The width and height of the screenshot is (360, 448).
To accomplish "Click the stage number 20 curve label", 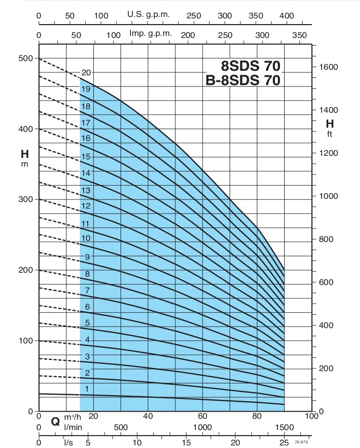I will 86,72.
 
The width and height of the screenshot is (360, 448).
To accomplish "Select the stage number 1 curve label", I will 87,389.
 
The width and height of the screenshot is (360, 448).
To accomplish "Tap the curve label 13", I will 86,190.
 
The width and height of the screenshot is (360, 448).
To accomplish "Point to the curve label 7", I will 88,291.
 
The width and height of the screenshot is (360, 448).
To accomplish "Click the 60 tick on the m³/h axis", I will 203,416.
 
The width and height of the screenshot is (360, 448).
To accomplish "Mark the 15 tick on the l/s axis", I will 186,442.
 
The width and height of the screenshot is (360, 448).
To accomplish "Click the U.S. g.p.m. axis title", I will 149,15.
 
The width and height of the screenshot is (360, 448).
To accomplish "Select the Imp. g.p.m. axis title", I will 150,34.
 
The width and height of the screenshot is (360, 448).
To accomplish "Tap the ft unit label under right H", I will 330,134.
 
